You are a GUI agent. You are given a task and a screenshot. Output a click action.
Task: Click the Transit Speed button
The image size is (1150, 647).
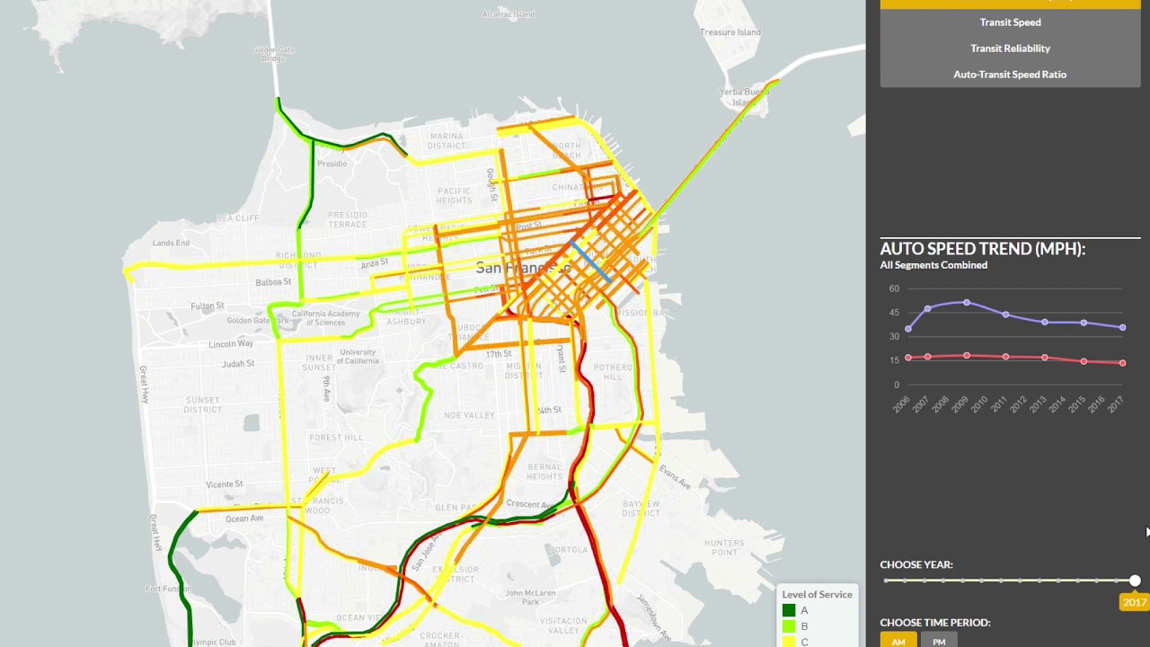pyautogui.click(x=1010, y=22)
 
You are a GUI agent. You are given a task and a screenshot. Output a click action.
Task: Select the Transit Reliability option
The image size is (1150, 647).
pyautogui.click(x=1010, y=49)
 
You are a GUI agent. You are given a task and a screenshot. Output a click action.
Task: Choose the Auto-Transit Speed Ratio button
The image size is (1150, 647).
pyautogui.click(x=1010, y=75)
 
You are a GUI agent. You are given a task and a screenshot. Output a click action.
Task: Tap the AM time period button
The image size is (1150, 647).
pyautogui.click(x=898, y=641)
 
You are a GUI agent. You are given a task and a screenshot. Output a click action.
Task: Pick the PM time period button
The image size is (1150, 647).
pyautogui.click(x=939, y=641)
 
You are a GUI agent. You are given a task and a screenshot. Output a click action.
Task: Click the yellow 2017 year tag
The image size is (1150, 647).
pyautogui.click(x=1134, y=602)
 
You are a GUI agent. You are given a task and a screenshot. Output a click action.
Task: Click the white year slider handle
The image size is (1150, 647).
pyautogui.click(x=1135, y=581)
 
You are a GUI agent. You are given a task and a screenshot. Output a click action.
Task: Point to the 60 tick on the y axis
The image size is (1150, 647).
pyautogui.click(x=894, y=288)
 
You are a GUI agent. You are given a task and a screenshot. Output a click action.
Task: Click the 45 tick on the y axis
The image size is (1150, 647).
pyautogui.click(x=894, y=313)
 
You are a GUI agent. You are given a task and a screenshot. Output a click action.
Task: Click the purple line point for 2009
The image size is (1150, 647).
pyautogui.click(x=967, y=303)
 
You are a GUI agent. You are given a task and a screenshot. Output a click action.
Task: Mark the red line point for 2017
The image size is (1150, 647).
pyautogui.click(x=1123, y=363)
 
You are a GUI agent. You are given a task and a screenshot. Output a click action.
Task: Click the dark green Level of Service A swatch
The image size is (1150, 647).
pyautogui.click(x=789, y=611)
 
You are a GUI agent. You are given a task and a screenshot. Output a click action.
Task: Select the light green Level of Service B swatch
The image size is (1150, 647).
pyautogui.click(x=789, y=626)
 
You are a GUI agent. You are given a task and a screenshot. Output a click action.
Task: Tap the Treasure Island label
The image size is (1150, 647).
pyautogui.click(x=730, y=32)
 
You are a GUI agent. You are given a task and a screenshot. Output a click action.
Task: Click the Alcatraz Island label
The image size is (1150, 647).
pyautogui.click(x=508, y=14)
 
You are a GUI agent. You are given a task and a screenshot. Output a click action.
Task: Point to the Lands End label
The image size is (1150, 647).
pyautogui.click(x=171, y=243)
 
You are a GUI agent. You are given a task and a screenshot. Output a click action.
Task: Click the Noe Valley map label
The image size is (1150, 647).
pyautogui.click(x=469, y=415)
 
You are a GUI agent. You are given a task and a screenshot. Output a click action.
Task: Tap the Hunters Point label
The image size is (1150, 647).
pyautogui.click(x=724, y=547)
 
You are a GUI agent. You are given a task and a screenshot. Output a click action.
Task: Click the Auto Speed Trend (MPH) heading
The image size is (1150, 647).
pyautogui.click(x=983, y=249)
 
